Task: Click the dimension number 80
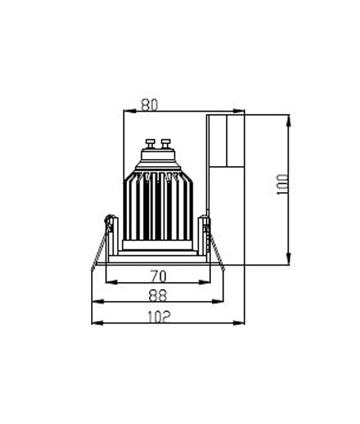coord(149,105)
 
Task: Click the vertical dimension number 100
coord(283,185)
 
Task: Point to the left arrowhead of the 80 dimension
coord(127,111)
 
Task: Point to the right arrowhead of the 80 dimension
coord(241,111)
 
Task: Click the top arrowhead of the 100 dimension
coord(289,119)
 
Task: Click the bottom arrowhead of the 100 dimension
coord(289,261)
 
